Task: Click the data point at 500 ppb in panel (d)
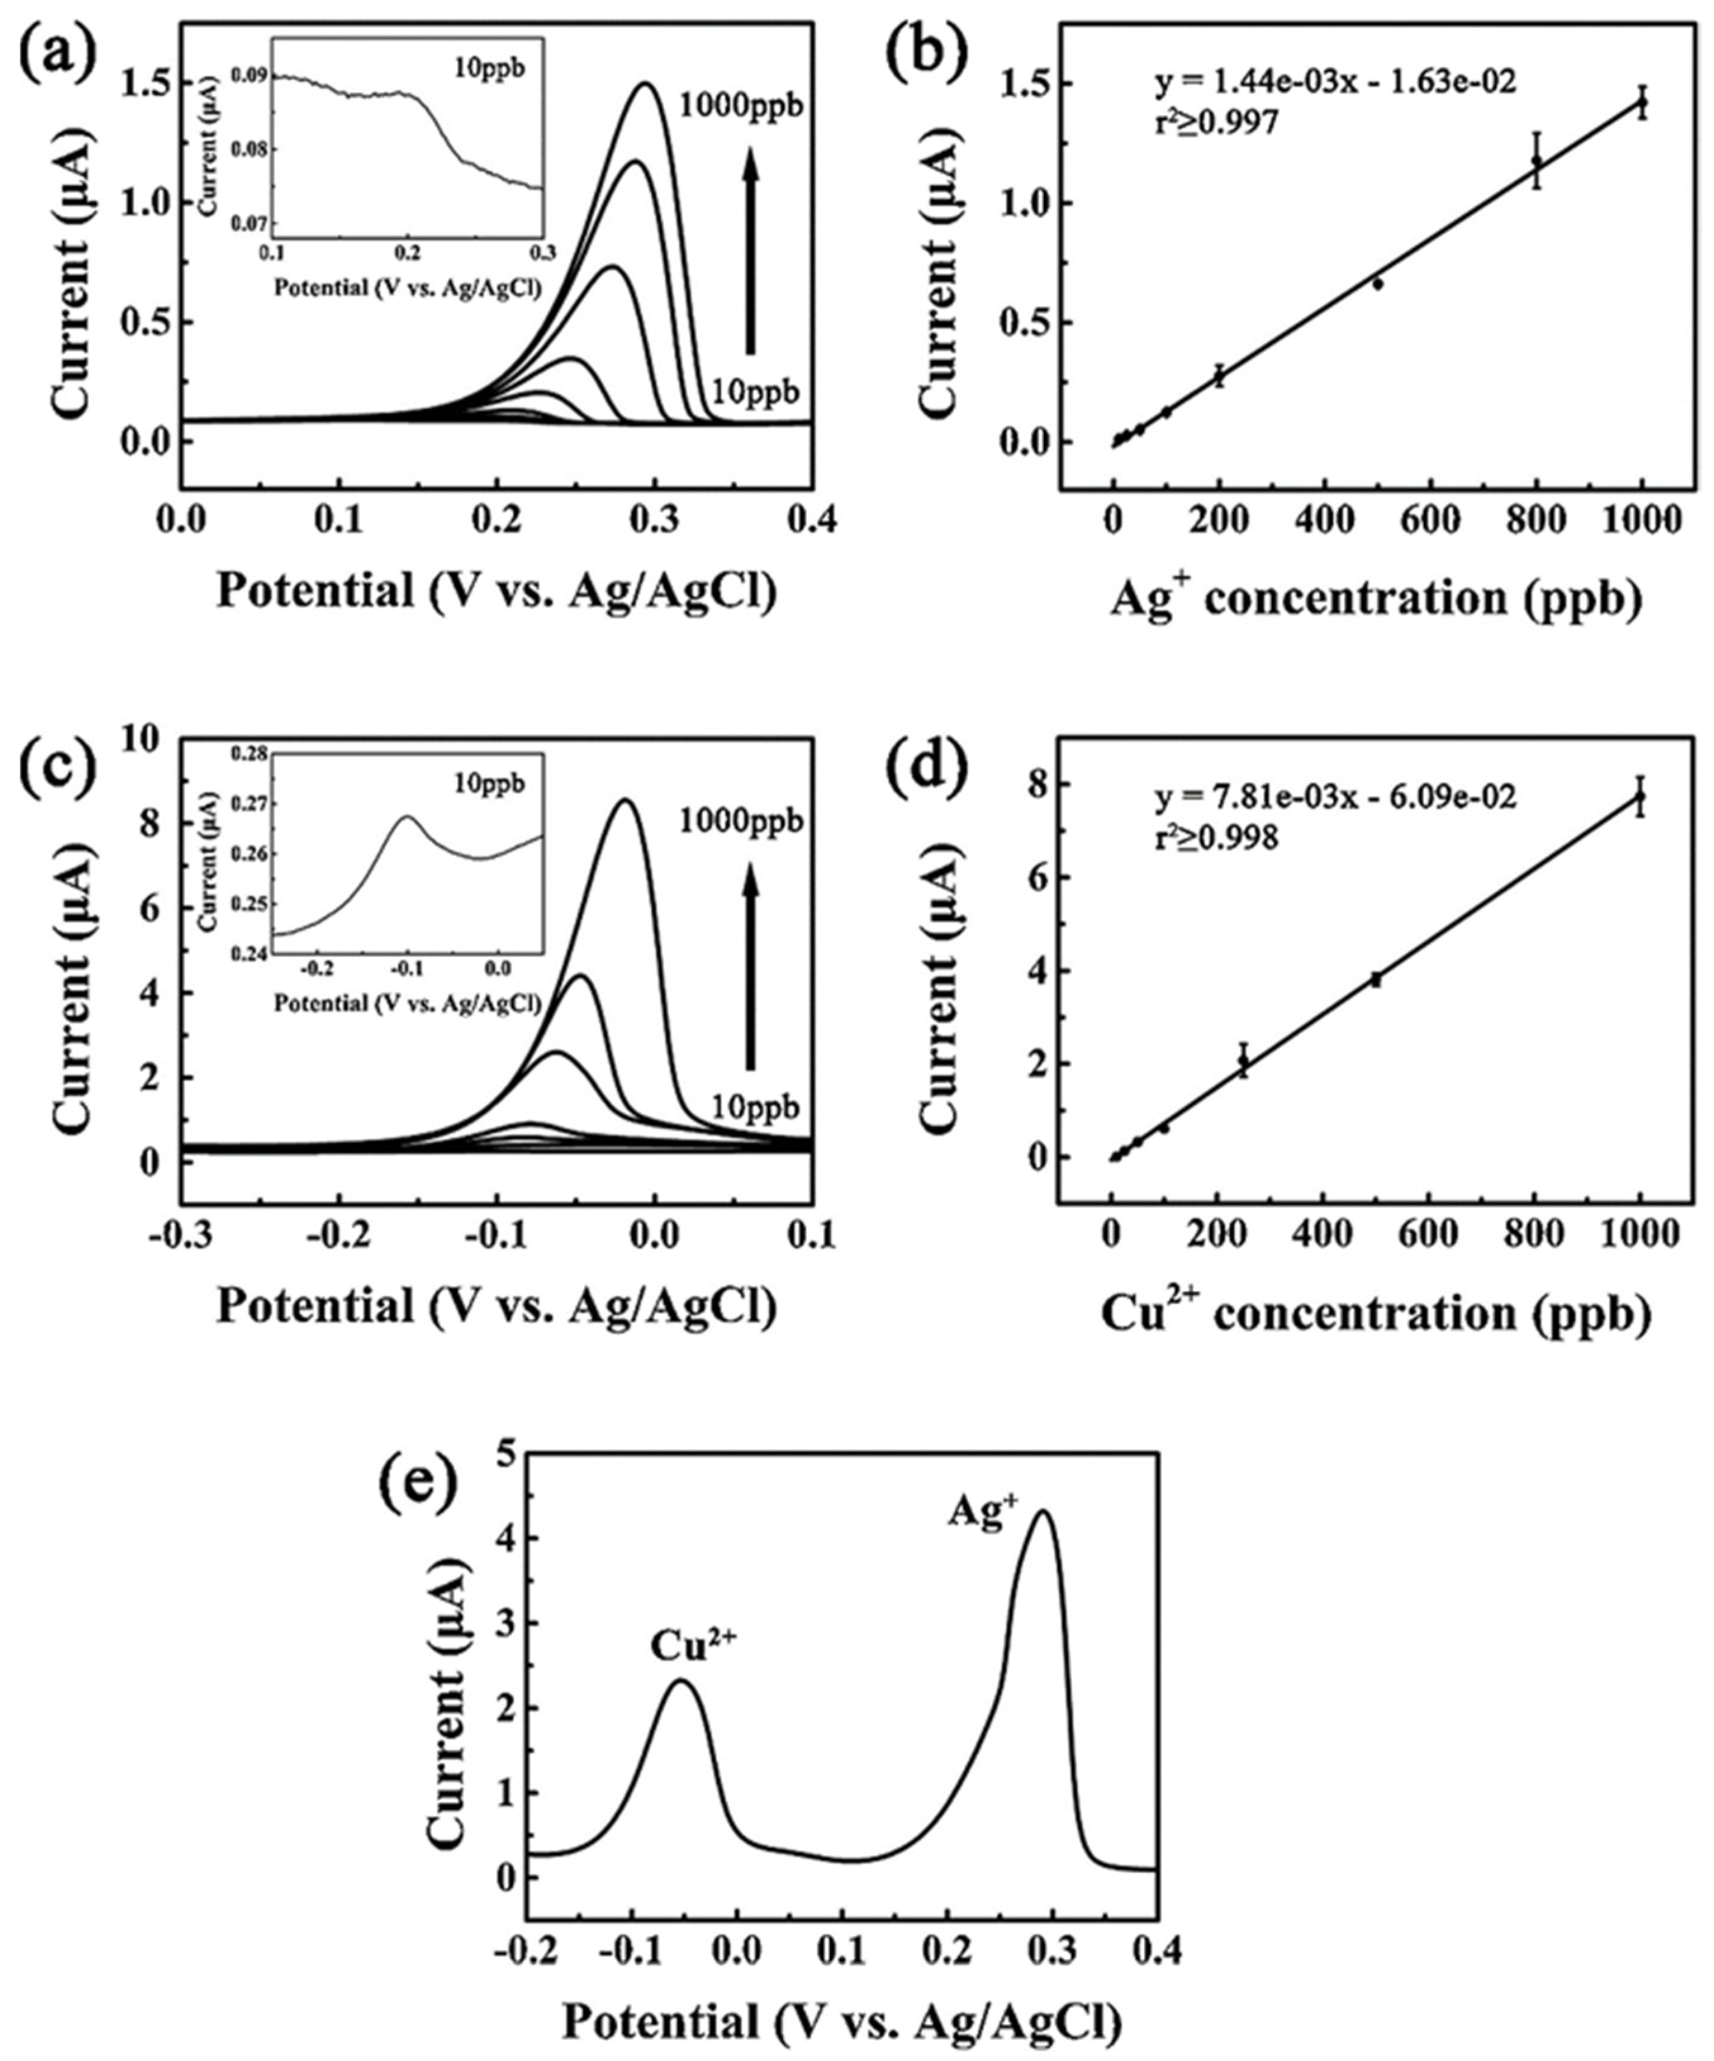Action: coord(1376,978)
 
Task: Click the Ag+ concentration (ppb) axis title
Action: coord(1374,598)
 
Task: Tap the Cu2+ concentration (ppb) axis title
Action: coord(1374,1313)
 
